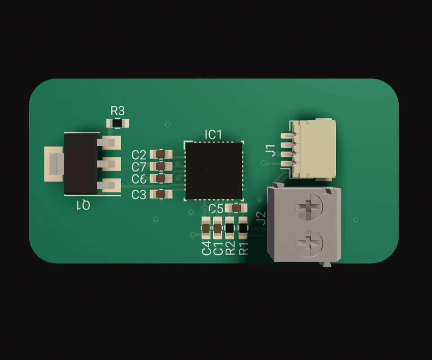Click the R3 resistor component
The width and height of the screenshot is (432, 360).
[x=117, y=123]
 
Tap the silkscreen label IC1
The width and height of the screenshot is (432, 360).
[x=213, y=135]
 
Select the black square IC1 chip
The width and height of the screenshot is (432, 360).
[x=214, y=171]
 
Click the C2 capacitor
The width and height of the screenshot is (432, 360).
[x=161, y=154]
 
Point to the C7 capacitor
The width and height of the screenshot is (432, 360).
[x=161, y=166]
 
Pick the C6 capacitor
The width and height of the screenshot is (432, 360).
[x=161, y=178]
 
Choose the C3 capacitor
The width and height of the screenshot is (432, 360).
[x=161, y=194]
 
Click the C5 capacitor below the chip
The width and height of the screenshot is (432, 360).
[x=236, y=208]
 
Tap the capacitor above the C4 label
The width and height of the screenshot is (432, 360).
[x=206, y=228]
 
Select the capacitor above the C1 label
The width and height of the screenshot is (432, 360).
[x=218, y=228]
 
